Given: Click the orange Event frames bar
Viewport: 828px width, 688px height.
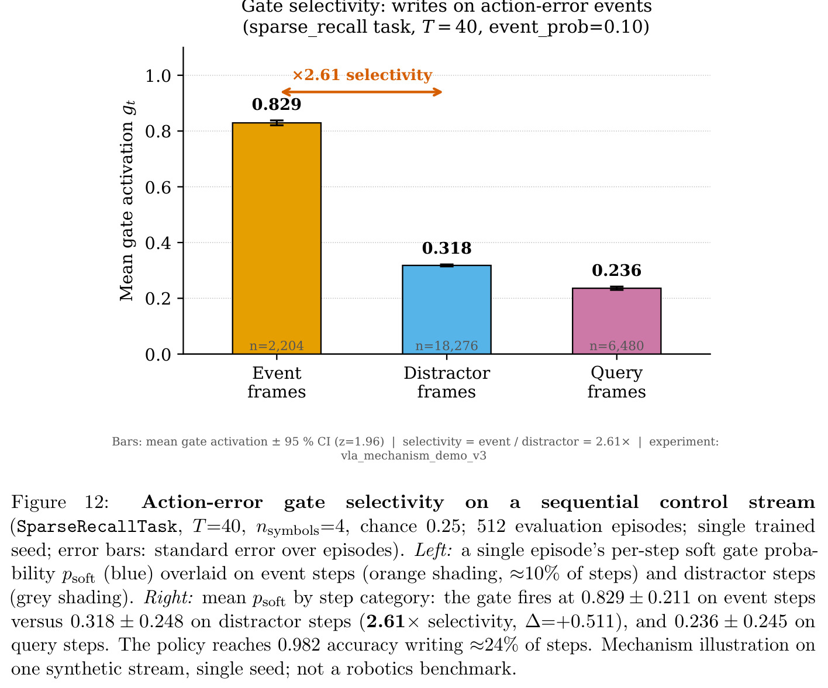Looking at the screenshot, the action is [x=277, y=238].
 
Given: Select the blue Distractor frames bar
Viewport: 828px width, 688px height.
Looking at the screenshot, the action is [x=447, y=309].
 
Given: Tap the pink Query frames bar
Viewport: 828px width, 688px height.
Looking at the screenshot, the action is [x=616, y=321].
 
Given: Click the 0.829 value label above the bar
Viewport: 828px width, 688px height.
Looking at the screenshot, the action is [x=277, y=104].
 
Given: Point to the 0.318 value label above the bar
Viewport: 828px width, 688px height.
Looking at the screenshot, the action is [x=447, y=248].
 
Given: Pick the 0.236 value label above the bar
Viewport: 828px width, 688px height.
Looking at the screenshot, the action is [x=616, y=271].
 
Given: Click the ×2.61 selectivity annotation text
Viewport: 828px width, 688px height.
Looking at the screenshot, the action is [x=362, y=75].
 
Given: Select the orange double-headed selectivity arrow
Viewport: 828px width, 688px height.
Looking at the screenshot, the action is [x=361, y=92].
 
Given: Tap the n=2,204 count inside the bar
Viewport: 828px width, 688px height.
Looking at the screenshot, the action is [x=277, y=346].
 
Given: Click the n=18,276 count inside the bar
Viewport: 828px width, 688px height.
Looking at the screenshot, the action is [x=447, y=346].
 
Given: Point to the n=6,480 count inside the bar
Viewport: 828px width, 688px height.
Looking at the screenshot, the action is [x=616, y=346].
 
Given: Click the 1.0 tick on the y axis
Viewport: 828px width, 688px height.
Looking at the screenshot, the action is [x=158, y=76].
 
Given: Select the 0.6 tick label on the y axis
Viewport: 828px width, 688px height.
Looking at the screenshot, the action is [x=158, y=187].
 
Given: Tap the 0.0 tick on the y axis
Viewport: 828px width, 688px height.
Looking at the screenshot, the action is [x=158, y=354].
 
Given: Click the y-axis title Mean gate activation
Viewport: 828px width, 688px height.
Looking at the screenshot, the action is [x=127, y=200].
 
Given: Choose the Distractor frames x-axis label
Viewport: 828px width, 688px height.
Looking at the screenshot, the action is [x=447, y=382].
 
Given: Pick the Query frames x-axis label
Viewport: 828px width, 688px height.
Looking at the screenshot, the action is [x=616, y=382].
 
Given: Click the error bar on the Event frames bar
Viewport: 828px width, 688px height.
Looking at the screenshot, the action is [x=277, y=123].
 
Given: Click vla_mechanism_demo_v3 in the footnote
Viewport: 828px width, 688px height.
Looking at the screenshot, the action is [x=413, y=455].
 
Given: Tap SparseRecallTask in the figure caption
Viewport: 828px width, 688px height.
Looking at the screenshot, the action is [x=96, y=527].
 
